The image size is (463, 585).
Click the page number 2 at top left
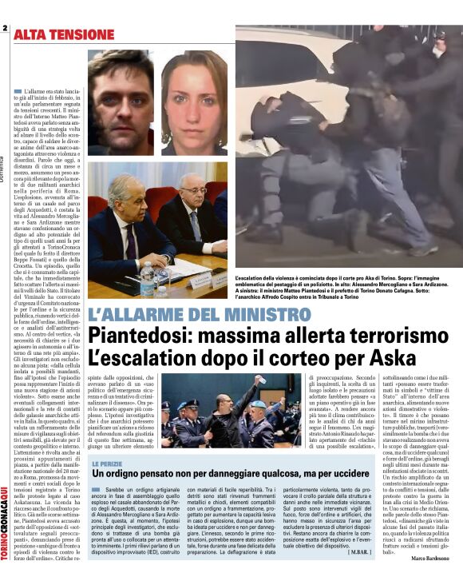pos(5,30)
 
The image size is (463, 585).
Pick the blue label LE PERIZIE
pos(107,464)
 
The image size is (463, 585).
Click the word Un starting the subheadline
pos(98,475)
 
